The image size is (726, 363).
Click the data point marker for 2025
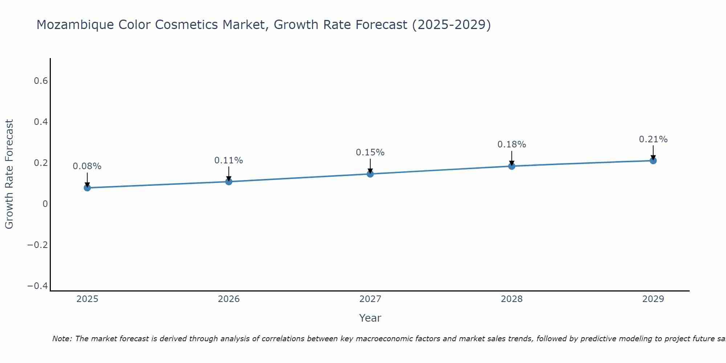(x=87, y=188)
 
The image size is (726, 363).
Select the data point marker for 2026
(x=229, y=181)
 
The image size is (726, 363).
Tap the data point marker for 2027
(x=370, y=174)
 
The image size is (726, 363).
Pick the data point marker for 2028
(x=511, y=166)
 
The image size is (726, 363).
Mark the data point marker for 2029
(x=653, y=160)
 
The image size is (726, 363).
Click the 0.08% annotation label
(x=87, y=166)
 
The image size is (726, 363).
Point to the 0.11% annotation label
(x=229, y=160)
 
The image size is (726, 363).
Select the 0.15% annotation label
(x=370, y=152)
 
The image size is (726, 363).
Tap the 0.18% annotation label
(x=511, y=144)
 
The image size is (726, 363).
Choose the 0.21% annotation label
(x=653, y=139)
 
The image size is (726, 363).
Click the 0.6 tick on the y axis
(x=41, y=81)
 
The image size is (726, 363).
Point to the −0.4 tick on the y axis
(x=37, y=286)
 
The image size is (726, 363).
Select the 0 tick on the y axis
(x=45, y=204)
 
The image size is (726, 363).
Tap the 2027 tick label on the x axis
(x=370, y=299)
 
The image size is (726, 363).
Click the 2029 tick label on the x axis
(x=653, y=299)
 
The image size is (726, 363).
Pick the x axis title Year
(x=370, y=318)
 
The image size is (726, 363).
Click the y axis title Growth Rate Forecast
(x=9, y=174)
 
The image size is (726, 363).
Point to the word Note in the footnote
(x=62, y=339)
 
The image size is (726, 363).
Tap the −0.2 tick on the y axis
(x=37, y=245)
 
